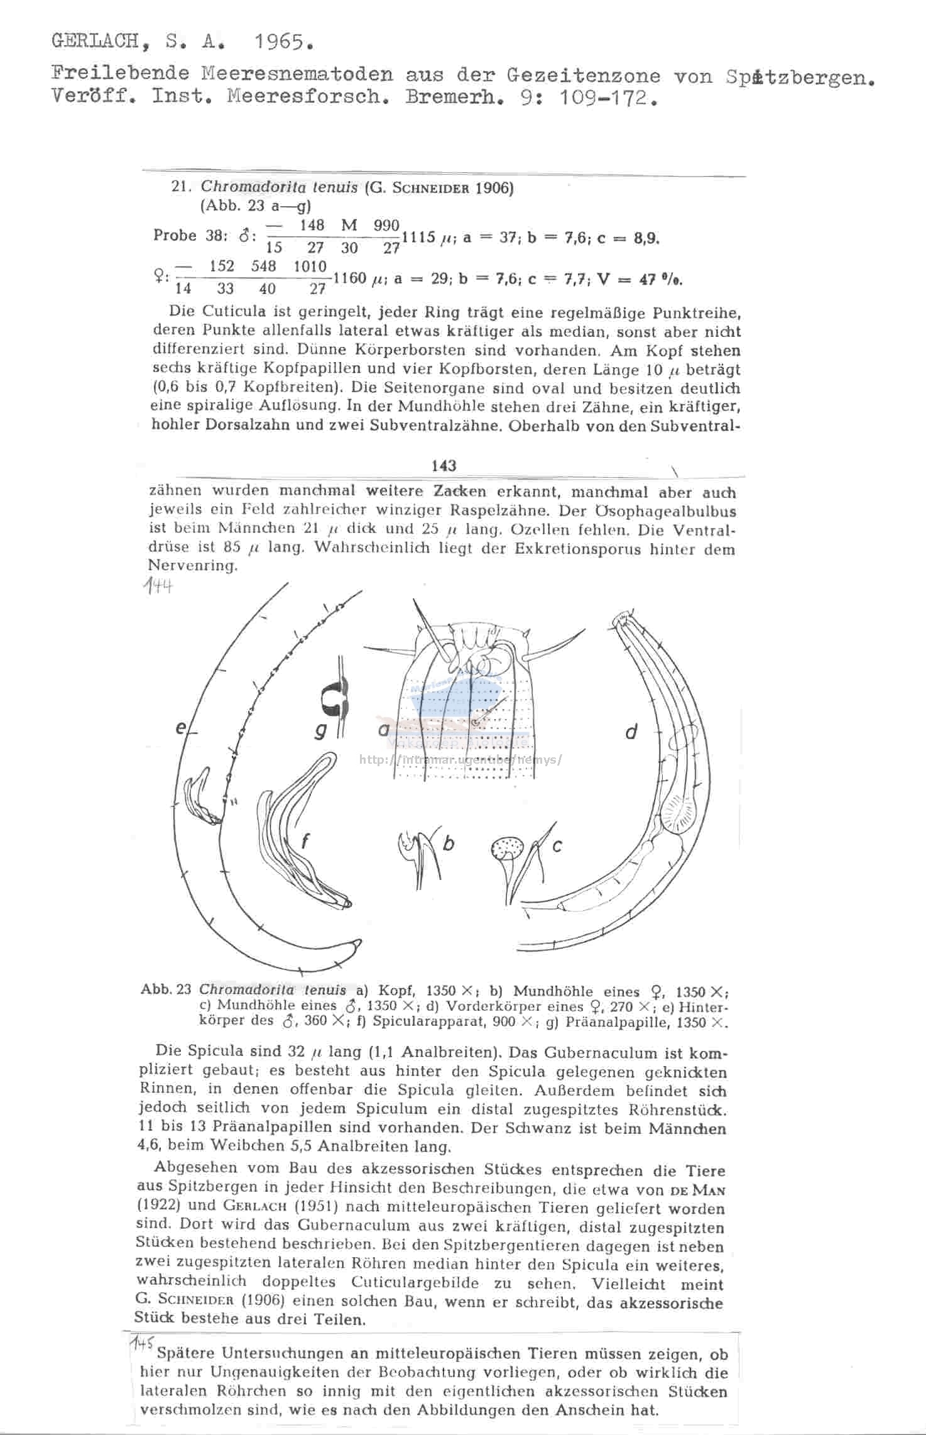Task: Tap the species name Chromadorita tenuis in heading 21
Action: point(279,187)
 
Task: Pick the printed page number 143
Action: point(444,466)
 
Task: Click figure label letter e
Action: point(181,728)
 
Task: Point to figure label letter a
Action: point(383,729)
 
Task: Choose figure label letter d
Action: point(631,731)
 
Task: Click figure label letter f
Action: point(305,840)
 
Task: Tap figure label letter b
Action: point(448,844)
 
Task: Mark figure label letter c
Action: point(556,847)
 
